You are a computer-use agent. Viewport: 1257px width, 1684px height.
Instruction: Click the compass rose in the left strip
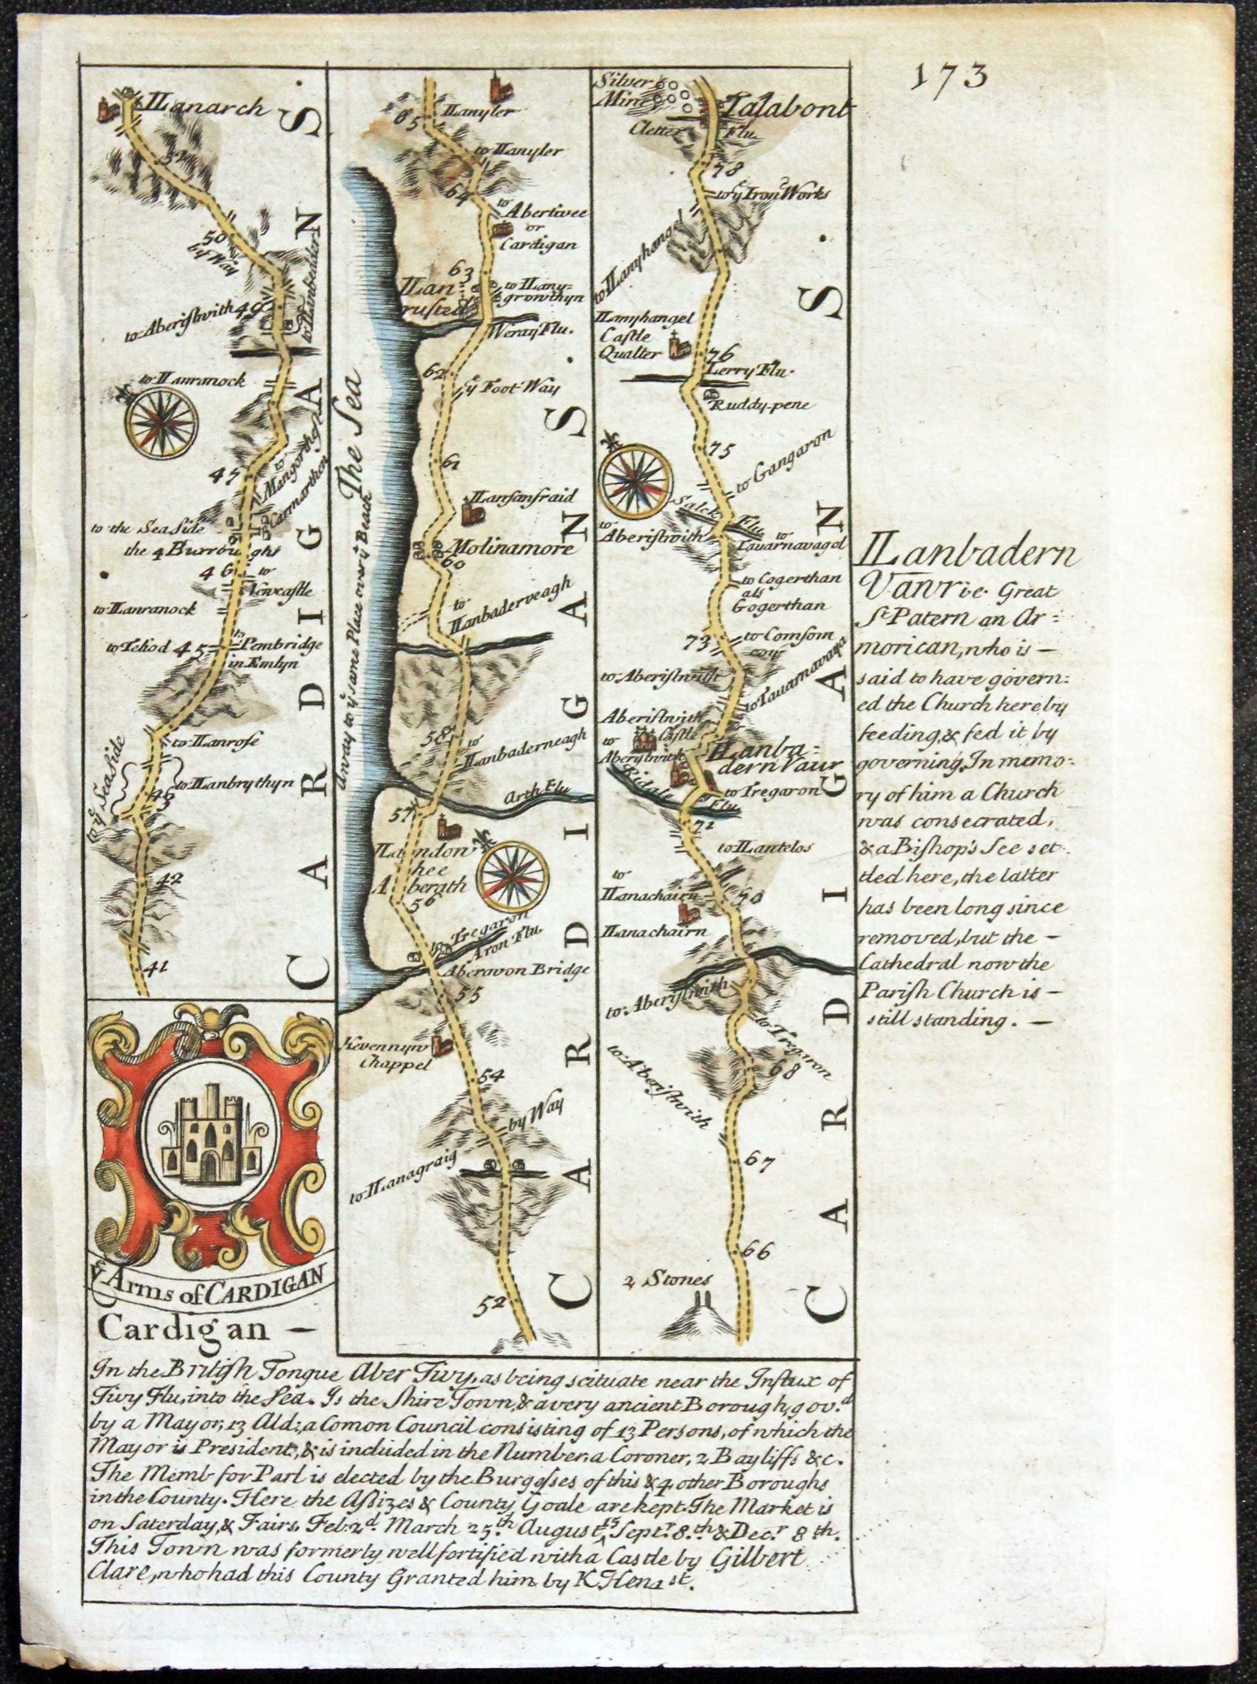pos(162,423)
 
